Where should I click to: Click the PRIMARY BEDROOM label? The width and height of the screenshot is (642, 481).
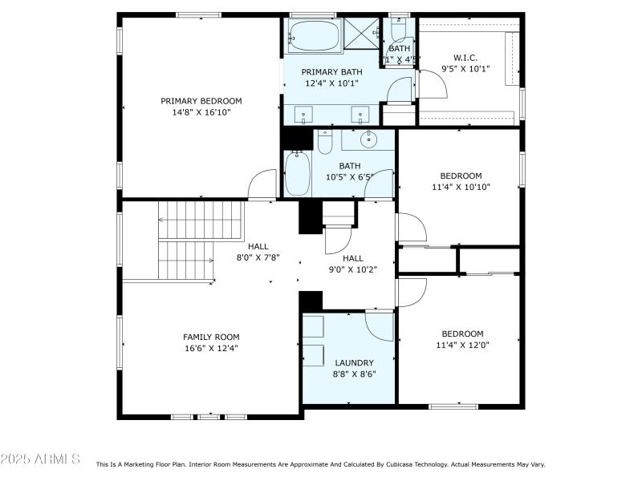point(201,101)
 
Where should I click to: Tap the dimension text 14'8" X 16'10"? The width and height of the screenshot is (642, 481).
point(201,113)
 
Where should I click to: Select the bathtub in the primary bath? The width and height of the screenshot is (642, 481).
point(315,35)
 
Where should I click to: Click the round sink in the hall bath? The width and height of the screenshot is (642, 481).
point(368,140)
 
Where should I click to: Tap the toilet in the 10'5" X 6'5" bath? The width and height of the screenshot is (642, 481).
point(324,143)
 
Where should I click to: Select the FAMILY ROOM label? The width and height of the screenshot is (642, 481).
point(211,337)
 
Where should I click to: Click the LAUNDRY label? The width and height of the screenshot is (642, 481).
point(354,363)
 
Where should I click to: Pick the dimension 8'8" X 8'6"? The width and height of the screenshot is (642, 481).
point(354,374)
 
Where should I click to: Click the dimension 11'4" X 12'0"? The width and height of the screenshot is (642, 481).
point(462,346)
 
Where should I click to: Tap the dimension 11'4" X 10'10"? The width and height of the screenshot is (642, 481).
point(461,188)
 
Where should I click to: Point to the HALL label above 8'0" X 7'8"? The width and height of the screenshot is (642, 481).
point(258,247)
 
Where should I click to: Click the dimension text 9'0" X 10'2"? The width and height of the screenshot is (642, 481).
point(353,269)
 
